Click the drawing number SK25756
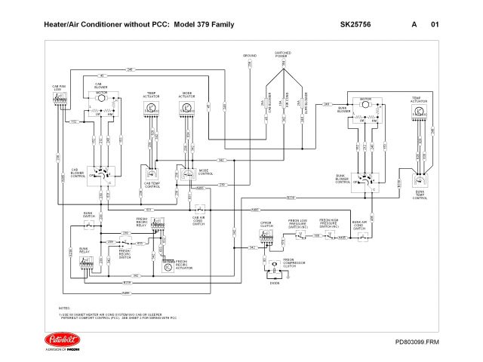355,25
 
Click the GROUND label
250,55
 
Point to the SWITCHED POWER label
283,54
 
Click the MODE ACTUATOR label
186,96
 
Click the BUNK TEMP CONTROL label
420,195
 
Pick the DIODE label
274,283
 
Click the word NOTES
64,309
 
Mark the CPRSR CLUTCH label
265,225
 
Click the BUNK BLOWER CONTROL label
343,179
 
